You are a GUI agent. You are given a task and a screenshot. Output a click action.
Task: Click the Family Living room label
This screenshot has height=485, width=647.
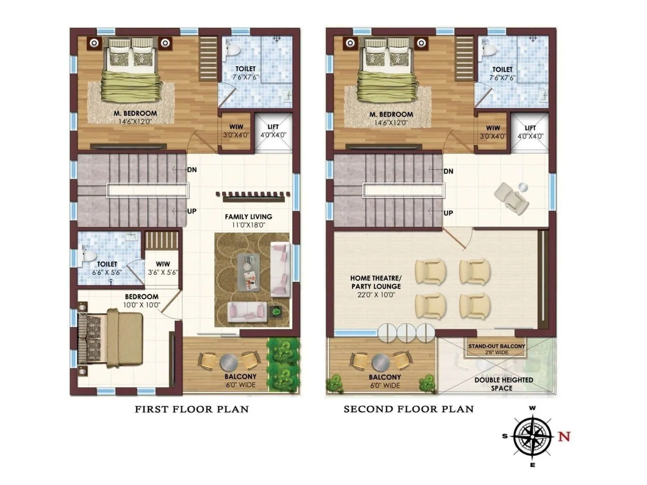(248, 217)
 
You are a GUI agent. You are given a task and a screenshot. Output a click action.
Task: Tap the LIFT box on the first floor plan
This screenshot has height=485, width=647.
(273, 131)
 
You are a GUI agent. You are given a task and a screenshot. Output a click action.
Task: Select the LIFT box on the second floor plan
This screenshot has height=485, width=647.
(530, 132)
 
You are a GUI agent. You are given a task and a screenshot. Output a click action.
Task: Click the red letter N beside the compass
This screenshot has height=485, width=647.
(564, 436)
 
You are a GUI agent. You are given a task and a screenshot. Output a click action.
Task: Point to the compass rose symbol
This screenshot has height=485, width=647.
(533, 437)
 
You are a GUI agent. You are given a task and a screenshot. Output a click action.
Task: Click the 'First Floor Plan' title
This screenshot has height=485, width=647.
(191, 409)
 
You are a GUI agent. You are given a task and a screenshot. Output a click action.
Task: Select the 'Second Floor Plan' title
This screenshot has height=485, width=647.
(408, 409)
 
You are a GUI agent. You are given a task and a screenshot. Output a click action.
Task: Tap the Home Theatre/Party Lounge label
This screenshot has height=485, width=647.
(376, 282)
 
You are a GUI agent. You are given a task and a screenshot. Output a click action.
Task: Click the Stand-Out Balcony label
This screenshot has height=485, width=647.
(496, 346)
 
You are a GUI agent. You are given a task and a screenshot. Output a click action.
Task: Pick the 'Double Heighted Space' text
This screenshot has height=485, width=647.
(503, 384)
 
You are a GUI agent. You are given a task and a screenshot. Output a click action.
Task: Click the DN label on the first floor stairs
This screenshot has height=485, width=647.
(192, 170)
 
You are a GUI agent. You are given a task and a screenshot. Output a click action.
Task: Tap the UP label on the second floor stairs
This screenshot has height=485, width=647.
(448, 213)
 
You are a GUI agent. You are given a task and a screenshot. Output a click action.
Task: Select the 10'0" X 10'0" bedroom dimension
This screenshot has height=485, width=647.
(142, 305)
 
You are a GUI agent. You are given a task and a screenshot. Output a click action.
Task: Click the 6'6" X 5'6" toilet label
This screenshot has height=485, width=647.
(107, 272)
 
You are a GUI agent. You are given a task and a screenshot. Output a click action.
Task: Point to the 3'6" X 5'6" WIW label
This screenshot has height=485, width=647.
(163, 272)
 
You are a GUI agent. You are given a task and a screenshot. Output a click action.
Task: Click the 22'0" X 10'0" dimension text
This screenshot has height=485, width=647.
(376, 295)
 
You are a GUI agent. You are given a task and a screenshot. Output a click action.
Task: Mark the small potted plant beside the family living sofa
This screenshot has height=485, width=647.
(277, 312)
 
